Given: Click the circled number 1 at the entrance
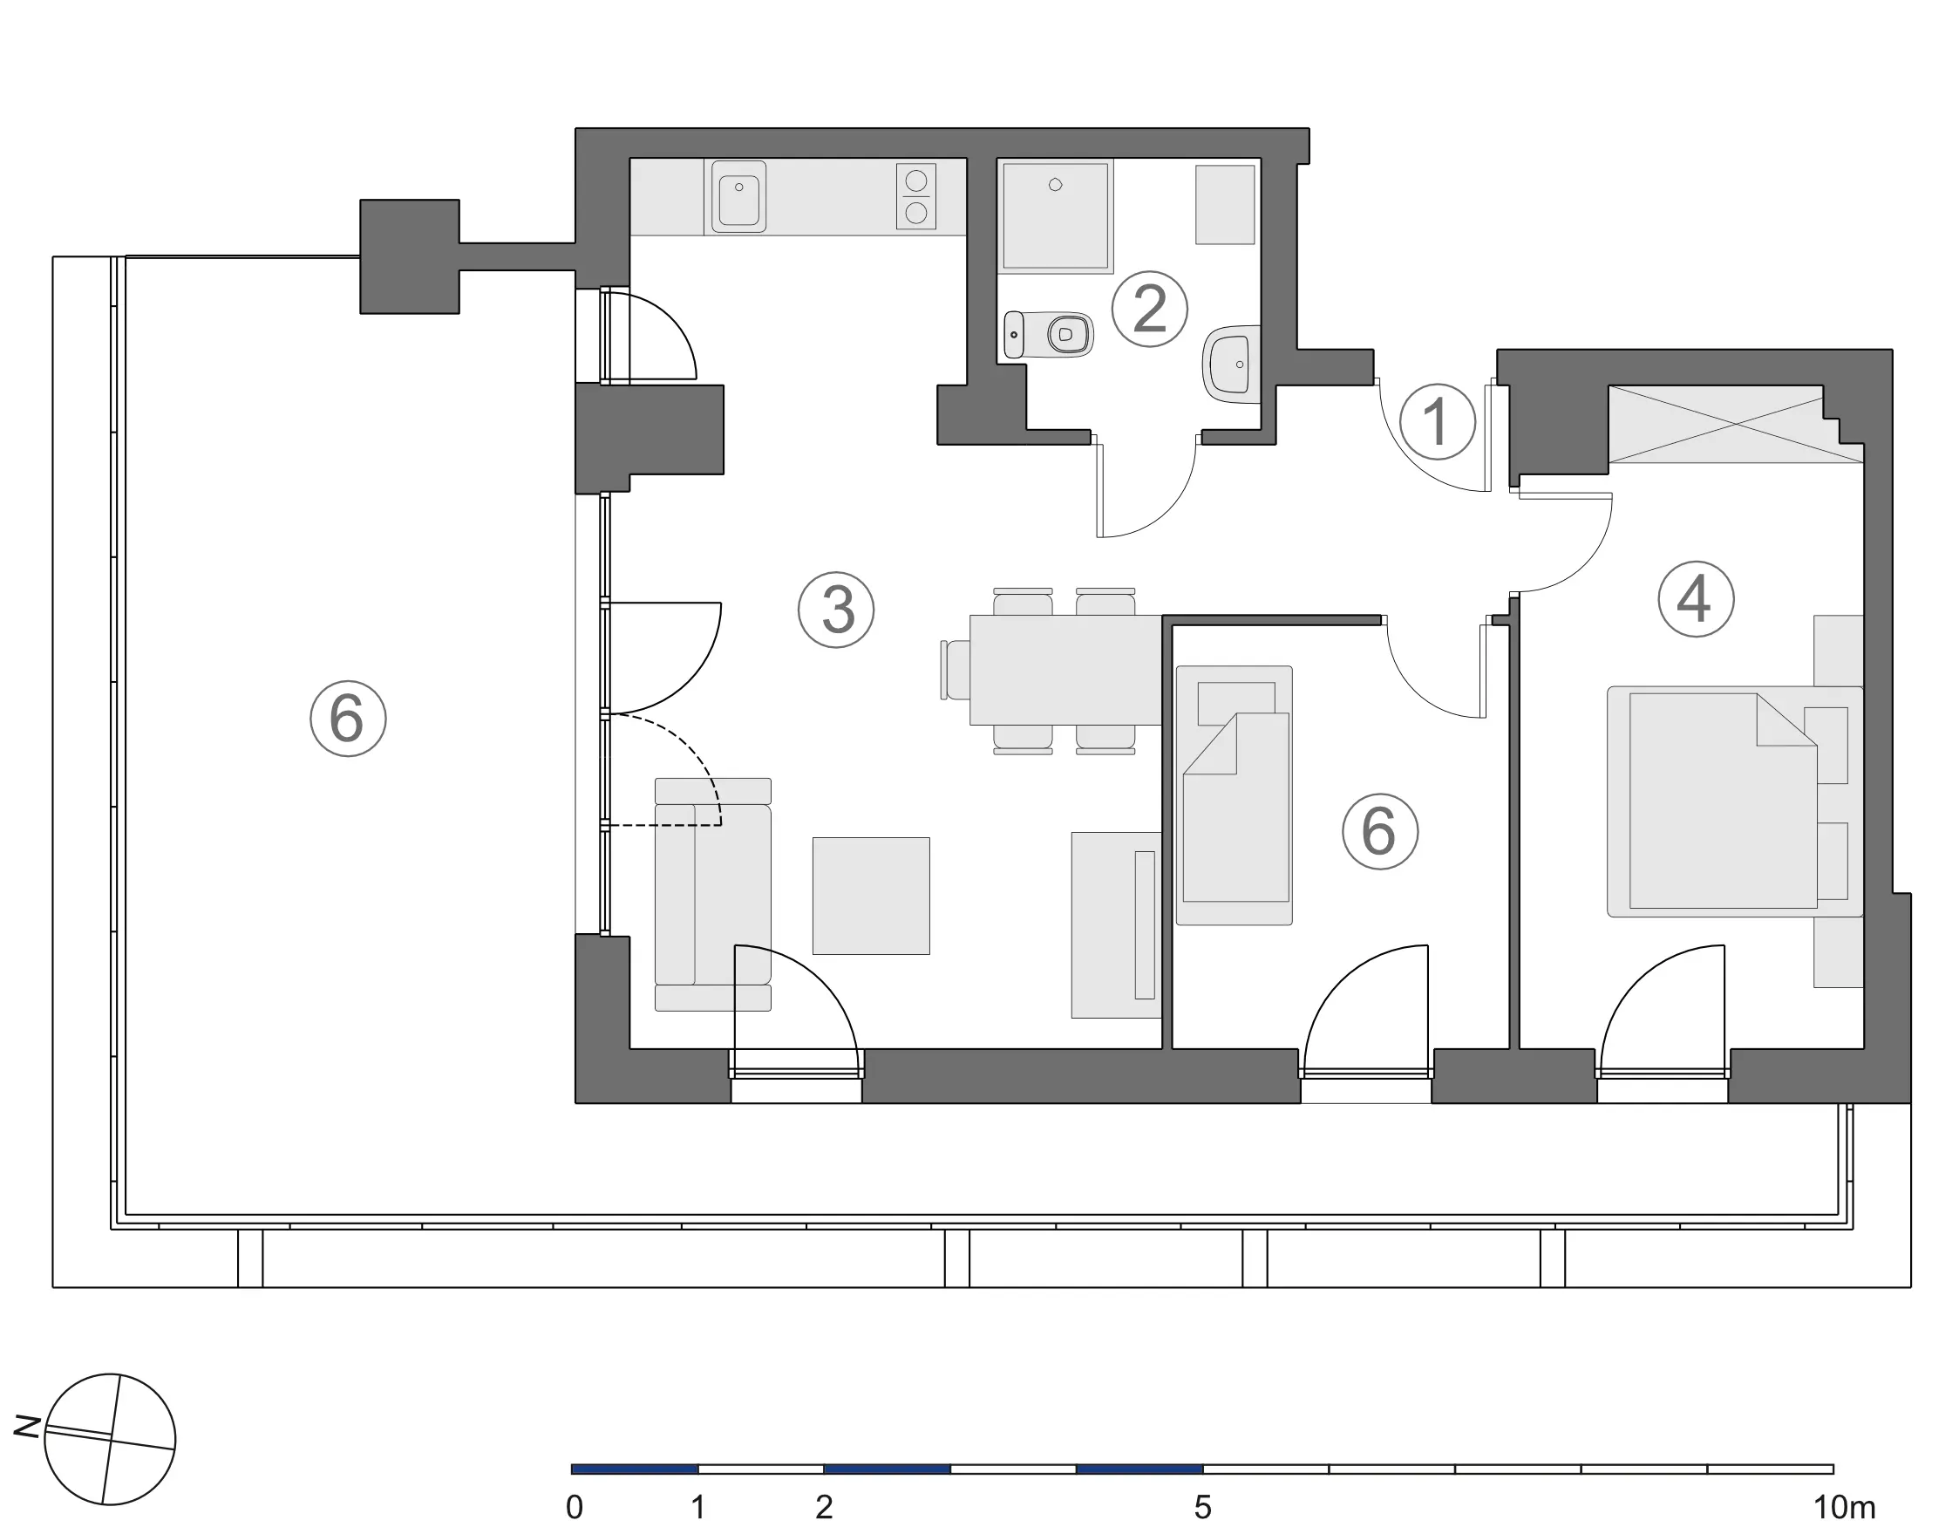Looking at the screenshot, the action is [1438, 421].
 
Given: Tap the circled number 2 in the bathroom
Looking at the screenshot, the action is [1149, 309].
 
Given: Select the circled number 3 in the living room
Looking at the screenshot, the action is [836, 610].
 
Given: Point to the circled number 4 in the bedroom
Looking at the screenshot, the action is [1695, 599].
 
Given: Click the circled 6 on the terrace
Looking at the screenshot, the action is [349, 719].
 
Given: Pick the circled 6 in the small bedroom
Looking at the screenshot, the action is [1380, 831].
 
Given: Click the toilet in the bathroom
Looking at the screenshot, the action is [1048, 335].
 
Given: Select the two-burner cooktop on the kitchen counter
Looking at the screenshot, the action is [915, 196].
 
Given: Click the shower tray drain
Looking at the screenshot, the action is [1056, 185].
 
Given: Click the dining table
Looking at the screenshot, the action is [1066, 669].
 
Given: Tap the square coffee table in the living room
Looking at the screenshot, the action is [871, 896].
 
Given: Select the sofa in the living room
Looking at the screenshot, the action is [713, 895].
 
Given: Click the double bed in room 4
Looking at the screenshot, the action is [1735, 801].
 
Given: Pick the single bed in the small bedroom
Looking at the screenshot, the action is [1235, 794].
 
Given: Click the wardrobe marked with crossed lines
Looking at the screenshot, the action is [1736, 424].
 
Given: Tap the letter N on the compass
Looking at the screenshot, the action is [28, 1425].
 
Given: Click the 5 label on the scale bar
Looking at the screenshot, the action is [1202, 1507].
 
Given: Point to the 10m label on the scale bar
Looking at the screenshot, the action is [1844, 1507].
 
